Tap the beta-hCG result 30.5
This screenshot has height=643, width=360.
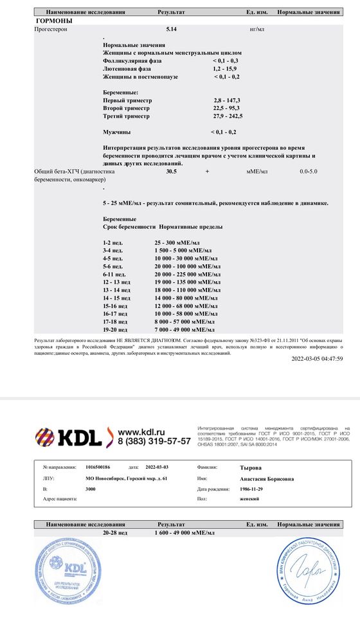click(171, 172)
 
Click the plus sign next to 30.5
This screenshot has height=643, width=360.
click(207, 172)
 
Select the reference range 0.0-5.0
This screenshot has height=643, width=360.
click(308, 172)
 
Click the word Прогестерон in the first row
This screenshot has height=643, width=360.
click(52, 30)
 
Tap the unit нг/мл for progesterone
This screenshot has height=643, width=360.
click(256, 30)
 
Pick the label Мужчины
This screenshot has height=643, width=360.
click(116, 132)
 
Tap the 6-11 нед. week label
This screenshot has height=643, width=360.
click(114, 274)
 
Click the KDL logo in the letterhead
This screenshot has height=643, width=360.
click(68, 437)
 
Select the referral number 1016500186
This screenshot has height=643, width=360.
click(98, 468)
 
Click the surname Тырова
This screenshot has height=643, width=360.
click(249, 468)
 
